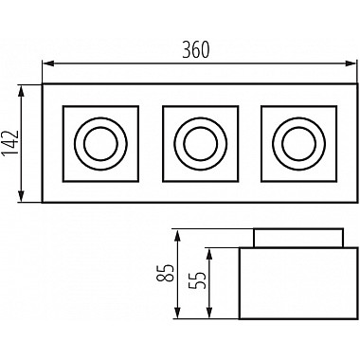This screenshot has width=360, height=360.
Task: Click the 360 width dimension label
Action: pyautogui.click(x=196, y=50)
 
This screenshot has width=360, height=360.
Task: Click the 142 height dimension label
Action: pyautogui.click(x=9, y=143)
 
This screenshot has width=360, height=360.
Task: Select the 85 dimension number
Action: pyautogui.click(x=165, y=273)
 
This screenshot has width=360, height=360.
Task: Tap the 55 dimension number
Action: pyautogui.click(x=197, y=280)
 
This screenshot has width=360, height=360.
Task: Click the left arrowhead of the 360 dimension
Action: pyautogui.click(x=47, y=63)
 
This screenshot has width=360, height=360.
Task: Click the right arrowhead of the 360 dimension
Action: pyautogui.click(x=351, y=63)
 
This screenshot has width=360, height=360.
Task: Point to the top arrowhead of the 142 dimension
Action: pyautogui.click(x=21, y=91)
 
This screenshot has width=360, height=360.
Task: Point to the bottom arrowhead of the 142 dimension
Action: pyautogui.click(x=21, y=196)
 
